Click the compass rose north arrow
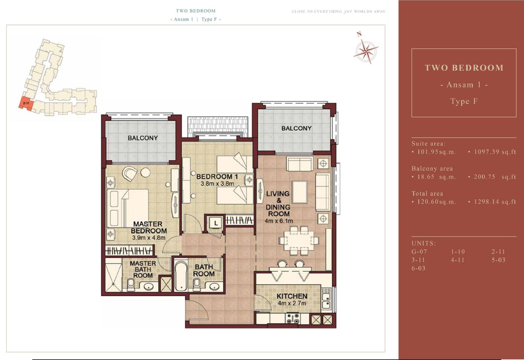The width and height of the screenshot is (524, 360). tap(366, 51)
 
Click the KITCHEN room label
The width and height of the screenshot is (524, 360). tap(292, 296)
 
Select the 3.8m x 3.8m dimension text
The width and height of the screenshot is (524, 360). tap(217, 184)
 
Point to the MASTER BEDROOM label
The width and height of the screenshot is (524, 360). tap(149, 227)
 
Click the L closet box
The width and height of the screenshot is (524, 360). tap(216, 223)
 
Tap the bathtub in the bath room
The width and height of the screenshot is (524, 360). tap(181, 276)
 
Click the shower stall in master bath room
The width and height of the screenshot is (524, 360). tap(114, 275)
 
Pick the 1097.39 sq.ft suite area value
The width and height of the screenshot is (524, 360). tap(495, 152)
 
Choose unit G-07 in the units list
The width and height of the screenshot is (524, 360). tap(419, 252)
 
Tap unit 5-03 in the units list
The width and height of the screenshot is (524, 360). tap(498, 260)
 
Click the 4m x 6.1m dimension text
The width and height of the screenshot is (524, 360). tap(279, 221)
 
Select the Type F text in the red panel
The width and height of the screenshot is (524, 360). tap(464, 101)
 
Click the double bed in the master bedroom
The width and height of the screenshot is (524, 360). tap(127, 208)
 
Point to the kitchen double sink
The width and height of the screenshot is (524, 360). tap(326, 301)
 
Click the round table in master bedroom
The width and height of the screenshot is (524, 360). tap(145, 173)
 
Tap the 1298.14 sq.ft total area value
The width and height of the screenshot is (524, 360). tap(495, 202)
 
